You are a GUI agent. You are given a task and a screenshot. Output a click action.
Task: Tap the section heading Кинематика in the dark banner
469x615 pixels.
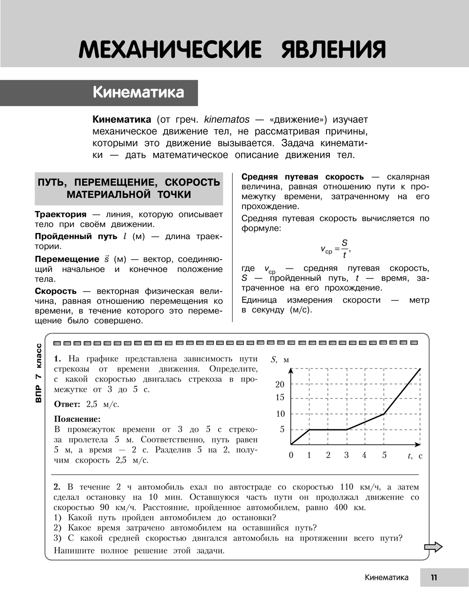click(x=138, y=92)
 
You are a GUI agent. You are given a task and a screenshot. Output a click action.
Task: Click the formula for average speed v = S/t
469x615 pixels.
click(x=335, y=249)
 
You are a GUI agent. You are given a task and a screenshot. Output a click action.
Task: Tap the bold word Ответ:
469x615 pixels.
click(x=67, y=404)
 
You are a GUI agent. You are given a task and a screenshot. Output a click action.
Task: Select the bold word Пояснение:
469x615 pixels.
click(x=77, y=419)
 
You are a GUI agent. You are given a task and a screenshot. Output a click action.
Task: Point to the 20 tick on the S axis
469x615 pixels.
click(x=280, y=384)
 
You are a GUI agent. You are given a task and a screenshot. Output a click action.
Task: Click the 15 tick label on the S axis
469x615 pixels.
click(x=280, y=397)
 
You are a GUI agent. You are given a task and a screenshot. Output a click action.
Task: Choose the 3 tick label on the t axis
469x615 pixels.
click(x=347, y=455)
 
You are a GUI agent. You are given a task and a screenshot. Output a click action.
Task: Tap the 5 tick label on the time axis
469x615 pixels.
click(x=384, y=455)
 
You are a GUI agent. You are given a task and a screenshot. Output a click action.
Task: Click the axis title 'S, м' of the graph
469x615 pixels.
click(x=280, y=360)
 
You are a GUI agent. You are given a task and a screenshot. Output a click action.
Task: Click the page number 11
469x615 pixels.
click(x=434, y=577)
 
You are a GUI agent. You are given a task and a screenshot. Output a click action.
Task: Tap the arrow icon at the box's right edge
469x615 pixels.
click(x=433, y=547)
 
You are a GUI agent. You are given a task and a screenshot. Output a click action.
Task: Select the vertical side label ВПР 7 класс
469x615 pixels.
click(x=38, y=373)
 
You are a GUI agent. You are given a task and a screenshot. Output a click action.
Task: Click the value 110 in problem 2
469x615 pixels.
click(x=347, y=487)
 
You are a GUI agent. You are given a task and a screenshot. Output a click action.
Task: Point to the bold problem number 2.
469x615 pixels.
click(x=57, y=487)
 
